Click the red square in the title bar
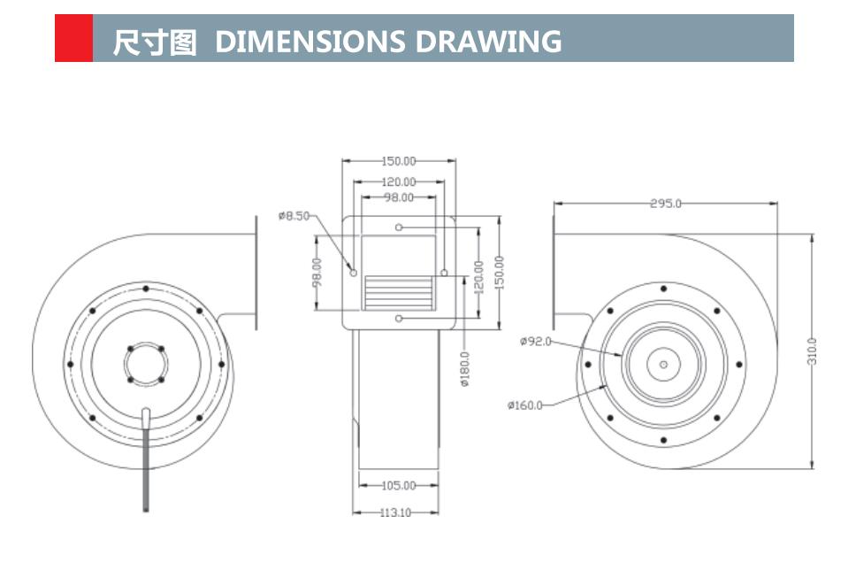coord(73,38)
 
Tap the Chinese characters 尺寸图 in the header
coord(155,42)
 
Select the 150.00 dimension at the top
coord(398,161)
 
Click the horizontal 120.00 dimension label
coord(398,182)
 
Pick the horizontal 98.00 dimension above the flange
coord(398,197)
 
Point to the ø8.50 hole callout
coord(294,215)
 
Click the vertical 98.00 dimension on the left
coord(317,272)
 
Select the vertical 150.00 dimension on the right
coord(499,272)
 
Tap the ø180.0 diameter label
coord(465,369)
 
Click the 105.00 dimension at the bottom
coord(398,485)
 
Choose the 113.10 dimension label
coord(395,512)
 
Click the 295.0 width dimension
coord(665,204)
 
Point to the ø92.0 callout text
coord(535,341)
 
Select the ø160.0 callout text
coord(524,405)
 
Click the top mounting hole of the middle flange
coord(400,227)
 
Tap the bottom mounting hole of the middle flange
coord(400,318)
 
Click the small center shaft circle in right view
coord(663,364)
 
